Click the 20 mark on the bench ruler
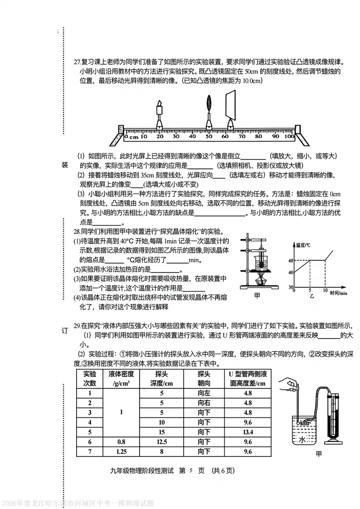[159, 136]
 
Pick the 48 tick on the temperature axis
[292, 260]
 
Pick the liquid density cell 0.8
[121, 441]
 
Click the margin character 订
[64, 330]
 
